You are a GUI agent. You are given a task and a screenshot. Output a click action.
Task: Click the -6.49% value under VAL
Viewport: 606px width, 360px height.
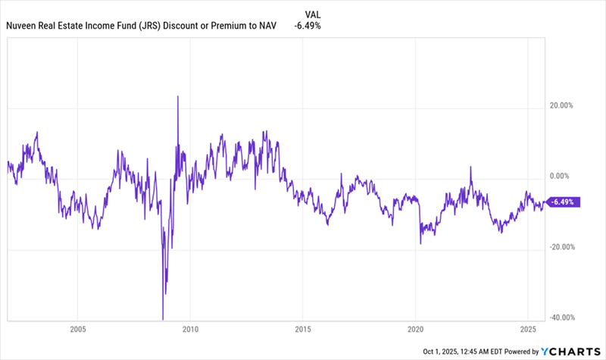point(307,26)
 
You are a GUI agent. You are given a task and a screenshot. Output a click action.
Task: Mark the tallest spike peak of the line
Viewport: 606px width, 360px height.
point(177,97)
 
